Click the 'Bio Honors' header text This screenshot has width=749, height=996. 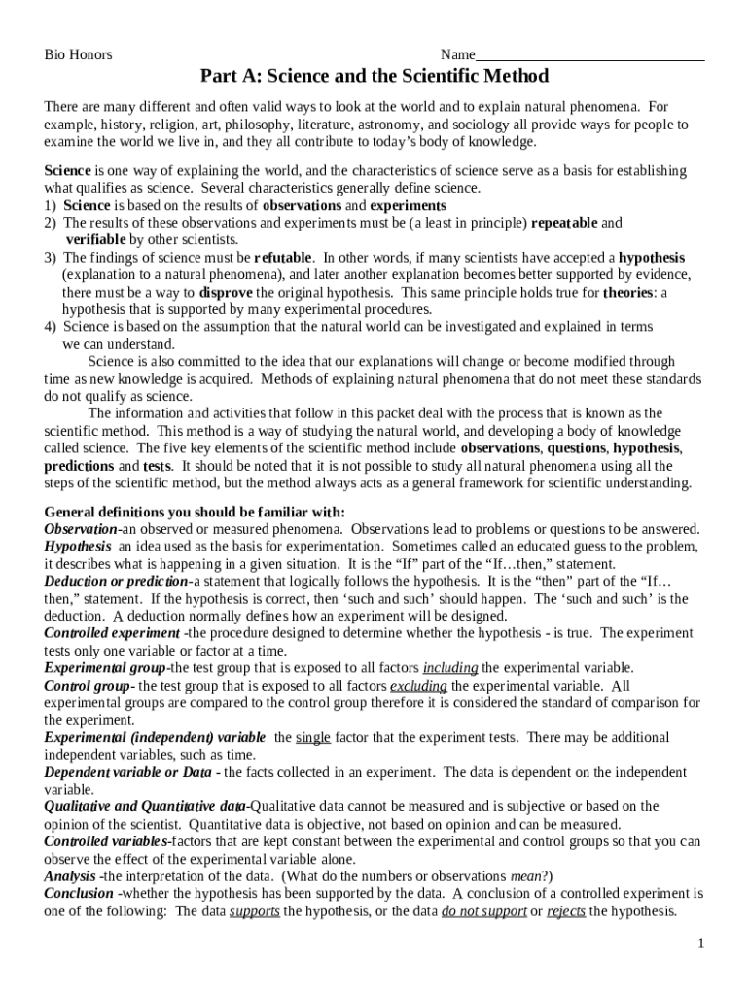(x=78, y=54)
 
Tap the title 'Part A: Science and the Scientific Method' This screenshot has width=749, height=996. (x=374, y=76)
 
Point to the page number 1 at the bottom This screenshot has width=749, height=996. (x=699, y=943)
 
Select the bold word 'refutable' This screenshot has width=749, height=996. (x=283, y=258)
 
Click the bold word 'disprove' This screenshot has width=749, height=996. (x=226, y=293)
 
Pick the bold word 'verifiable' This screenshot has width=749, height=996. (x=95, y=240)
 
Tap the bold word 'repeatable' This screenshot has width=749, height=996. (x=564, y=223)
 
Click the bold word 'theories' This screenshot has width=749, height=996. (x=626, y=293)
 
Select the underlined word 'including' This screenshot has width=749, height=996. (x=449, y=668)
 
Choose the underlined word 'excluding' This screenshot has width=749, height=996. (x=418, y=686)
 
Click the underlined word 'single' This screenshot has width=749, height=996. (x=312, y=738)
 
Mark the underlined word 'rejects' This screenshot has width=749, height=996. (x=567, y=911)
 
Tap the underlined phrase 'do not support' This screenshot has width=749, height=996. (x=483, y=911)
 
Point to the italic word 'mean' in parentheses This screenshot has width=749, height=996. (x=526, y=875)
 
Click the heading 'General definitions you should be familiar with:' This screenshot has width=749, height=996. (x=195, y=513)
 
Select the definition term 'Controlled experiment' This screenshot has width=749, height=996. (x=112, y=633)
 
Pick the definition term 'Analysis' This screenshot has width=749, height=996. (x=70, y=875)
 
